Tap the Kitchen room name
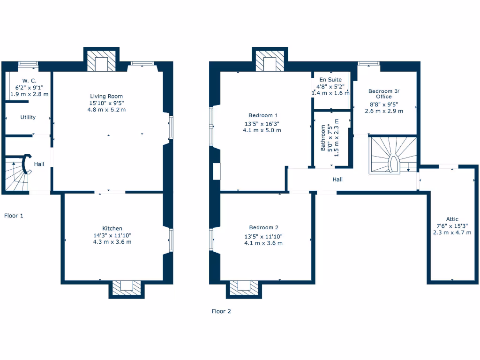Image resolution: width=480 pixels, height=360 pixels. click(112, 228)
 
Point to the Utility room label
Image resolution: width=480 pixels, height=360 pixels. click(28, 117)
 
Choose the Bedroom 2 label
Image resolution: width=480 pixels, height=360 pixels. click(263, 228)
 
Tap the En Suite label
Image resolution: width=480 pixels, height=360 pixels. click(330, 80)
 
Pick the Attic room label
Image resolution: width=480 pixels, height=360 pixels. click(452, 219)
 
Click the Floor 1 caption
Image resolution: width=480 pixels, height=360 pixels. click(14, 216)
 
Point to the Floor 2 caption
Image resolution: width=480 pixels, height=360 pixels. click(221, 311)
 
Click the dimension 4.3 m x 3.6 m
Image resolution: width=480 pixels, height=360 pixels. click(112, 242)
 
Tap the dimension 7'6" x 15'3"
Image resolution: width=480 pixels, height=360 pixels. click(452, 225)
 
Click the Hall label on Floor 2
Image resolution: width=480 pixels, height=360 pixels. click(337, 179)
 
